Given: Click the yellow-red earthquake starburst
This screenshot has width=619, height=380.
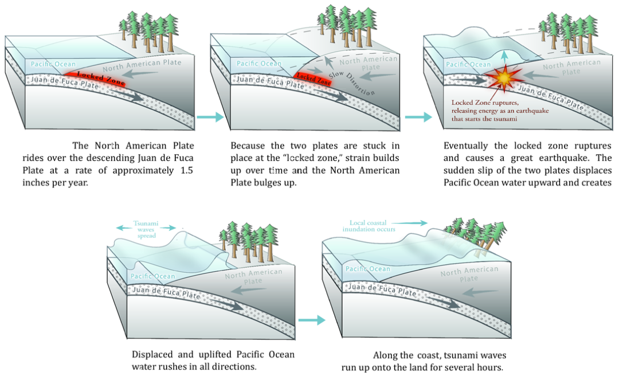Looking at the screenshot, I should (503, 81).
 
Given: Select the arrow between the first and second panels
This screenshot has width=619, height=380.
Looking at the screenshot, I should (203, 116).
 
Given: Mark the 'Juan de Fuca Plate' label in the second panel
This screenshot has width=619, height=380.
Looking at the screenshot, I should (262, 81).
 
